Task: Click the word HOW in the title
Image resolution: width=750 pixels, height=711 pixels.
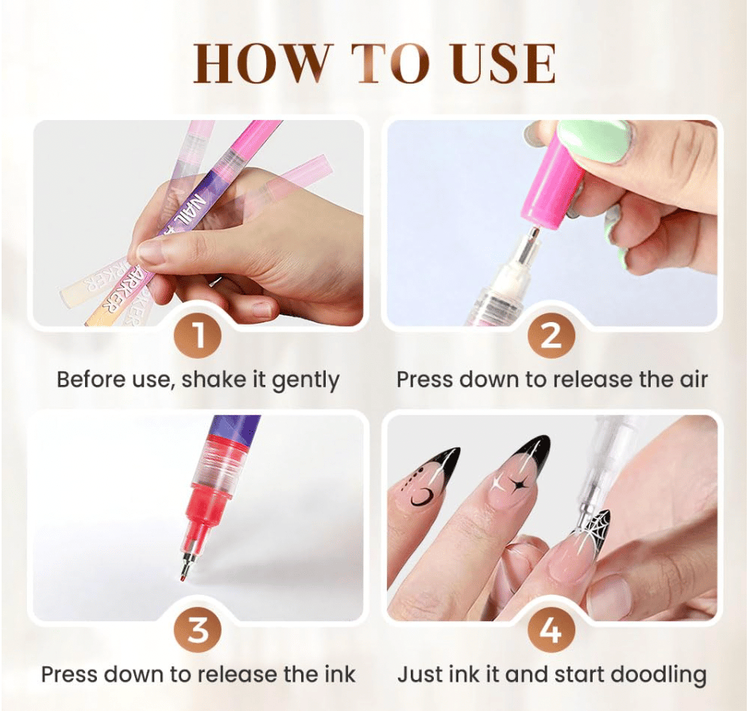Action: tap(261, 63)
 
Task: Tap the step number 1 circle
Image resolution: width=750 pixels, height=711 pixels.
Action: tap(199, 335)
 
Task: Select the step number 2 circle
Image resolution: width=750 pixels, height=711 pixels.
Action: tap(551, 335)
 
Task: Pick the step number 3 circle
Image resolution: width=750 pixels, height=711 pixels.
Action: tap(199, 630)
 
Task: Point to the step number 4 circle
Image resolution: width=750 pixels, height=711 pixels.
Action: tap(551, 630)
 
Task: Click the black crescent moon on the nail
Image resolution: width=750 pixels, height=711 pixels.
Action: tap(422, 497)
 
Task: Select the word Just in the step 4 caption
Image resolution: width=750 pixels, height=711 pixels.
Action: tap(414, 674)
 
